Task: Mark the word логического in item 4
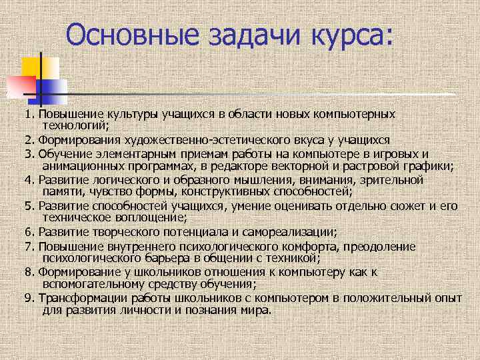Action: (114, 180)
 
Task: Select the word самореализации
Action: (283, 232)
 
